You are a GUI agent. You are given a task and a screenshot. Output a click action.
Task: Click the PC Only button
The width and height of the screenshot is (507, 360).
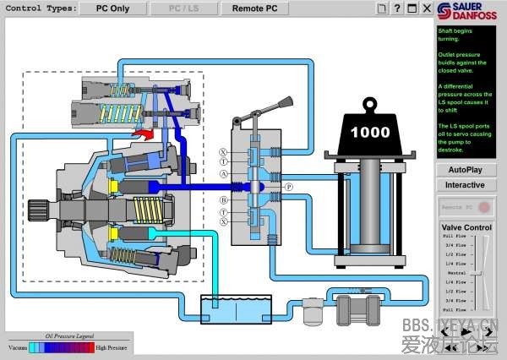(112, 8)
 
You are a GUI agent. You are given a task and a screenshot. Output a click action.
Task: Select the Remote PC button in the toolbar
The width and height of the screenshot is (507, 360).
(254, 8)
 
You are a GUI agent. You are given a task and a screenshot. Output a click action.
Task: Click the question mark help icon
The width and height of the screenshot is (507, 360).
(396, 8)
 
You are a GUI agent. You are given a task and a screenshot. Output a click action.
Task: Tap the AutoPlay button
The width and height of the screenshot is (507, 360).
(465, 169)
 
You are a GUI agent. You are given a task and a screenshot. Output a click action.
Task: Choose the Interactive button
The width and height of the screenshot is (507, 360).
(465, 185)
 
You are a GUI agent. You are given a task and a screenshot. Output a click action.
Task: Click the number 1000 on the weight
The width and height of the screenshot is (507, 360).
(370, 132)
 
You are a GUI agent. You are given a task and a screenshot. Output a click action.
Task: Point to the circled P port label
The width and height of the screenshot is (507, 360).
(288, 186)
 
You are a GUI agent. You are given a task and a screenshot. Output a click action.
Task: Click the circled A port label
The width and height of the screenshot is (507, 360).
(223, 173)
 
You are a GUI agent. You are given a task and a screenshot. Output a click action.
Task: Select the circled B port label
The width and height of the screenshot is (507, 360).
(223, 199)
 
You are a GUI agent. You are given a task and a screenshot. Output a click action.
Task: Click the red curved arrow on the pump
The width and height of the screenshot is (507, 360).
(144, 134)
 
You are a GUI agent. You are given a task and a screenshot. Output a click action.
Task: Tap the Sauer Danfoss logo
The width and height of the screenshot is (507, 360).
(471, 12)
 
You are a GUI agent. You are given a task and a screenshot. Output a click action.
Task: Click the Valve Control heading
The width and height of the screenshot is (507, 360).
(466, 227)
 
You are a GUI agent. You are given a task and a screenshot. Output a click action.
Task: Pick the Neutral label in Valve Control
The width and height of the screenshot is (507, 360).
(457, 273)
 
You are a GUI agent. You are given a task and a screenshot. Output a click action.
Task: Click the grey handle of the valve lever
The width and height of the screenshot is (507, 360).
(279, 106)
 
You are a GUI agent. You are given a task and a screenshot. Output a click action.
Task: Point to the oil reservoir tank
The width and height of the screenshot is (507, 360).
(236, 308)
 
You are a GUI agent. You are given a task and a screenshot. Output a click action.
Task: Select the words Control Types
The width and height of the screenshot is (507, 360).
(39, 8)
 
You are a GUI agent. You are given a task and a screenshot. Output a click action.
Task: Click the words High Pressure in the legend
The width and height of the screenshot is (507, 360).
(112, 346)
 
